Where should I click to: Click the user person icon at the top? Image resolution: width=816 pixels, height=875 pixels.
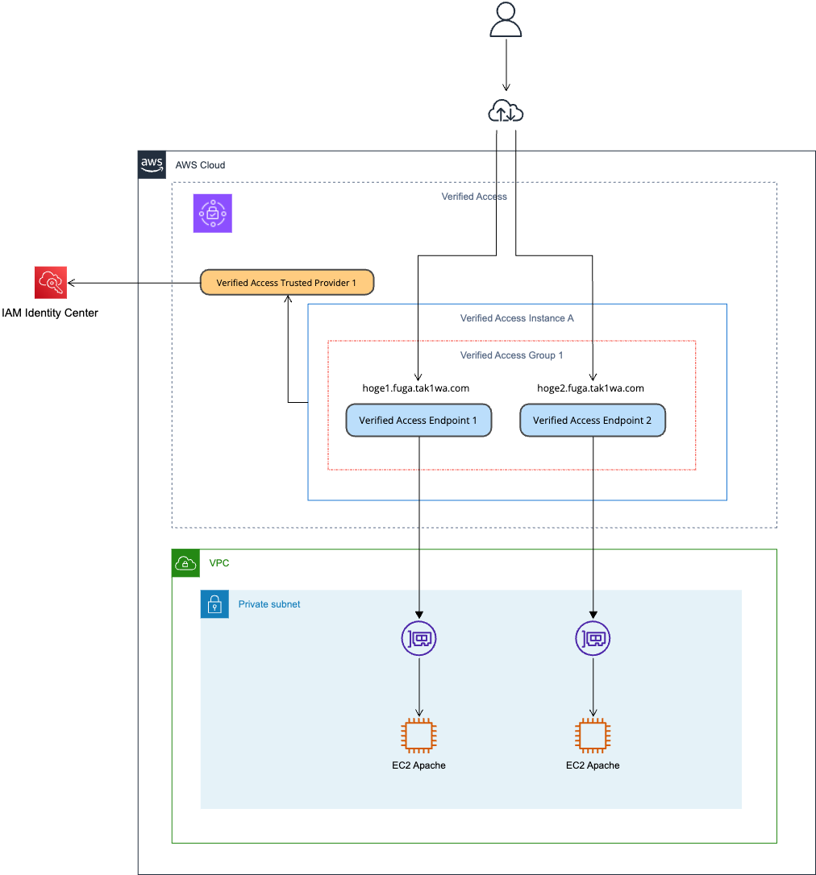click(506, 20)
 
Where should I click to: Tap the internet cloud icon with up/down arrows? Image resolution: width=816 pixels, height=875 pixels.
click(506, 112)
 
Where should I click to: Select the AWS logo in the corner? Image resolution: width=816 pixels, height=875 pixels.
click(152, 164)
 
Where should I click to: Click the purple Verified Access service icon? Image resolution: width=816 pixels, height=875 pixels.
click(212, 214)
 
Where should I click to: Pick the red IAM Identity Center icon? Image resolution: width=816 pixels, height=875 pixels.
click(51, 283)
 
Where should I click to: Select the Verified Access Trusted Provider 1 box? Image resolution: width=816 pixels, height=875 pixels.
click(286, 283)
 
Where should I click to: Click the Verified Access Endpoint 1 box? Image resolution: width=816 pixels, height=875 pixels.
click(418, 421)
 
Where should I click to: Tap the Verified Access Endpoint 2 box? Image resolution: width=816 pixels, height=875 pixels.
click(593, 421)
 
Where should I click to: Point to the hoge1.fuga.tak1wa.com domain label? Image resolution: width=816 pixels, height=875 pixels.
click(416, 388)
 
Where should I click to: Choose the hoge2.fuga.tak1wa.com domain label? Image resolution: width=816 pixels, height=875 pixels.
click(590, 388)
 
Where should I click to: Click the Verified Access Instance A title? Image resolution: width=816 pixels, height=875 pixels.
click(517, 318)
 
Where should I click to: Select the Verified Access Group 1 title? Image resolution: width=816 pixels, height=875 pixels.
click(511, 355)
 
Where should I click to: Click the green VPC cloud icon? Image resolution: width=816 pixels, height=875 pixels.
click(185, 563)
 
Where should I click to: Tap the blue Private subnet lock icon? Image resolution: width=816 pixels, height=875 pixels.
click(214, 604)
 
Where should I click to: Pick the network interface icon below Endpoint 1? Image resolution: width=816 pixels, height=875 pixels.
click(418, 639)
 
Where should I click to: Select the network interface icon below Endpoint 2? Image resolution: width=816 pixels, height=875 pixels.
click(593, 639)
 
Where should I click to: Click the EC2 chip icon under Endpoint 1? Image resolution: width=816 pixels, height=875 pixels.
click(418, 736)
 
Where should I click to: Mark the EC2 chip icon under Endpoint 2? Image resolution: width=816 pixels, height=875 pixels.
click(593, 736)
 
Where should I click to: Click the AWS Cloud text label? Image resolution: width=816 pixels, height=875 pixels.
click(201, 165)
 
